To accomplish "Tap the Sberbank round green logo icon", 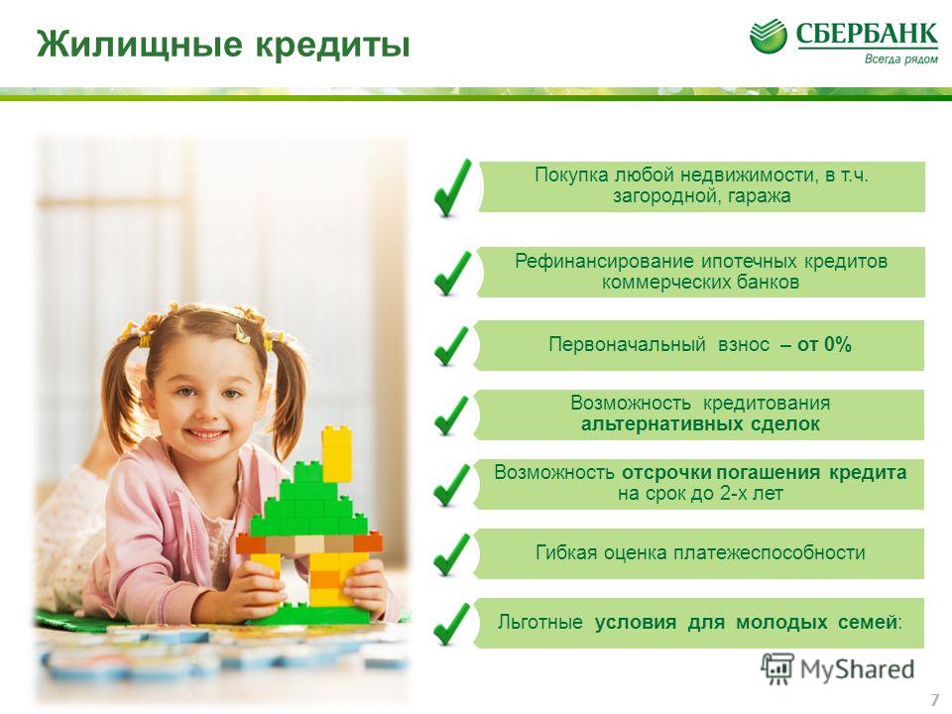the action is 768,36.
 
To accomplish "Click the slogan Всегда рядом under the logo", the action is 901,59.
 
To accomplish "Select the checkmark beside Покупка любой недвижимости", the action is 452,188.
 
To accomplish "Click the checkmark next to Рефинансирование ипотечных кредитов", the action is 452,274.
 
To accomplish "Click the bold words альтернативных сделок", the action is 700,423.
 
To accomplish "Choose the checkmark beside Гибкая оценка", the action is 452,554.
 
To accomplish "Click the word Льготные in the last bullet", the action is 539,623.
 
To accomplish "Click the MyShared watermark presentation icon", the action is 777,669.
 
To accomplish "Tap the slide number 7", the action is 935,699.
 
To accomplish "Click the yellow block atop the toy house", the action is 336,453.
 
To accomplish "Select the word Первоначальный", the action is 627,344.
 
